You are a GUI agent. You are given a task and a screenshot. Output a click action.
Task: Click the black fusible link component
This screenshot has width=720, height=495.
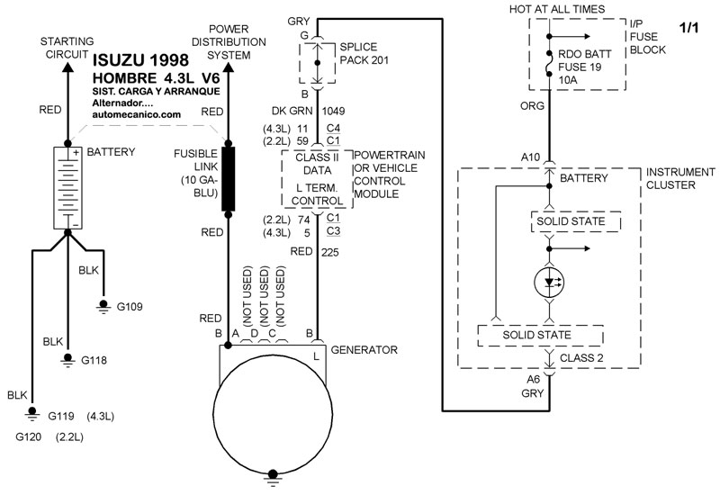point(229,179)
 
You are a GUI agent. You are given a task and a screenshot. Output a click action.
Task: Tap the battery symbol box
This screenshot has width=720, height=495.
point(68,188)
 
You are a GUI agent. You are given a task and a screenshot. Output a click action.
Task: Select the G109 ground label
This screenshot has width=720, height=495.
point(130,307)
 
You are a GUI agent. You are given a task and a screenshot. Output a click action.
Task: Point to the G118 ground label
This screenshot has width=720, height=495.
point(94,361)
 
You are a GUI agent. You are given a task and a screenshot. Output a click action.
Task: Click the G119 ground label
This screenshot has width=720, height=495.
point(61,417)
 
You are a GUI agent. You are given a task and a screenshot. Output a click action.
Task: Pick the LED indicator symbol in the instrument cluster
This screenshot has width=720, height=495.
point(549,283)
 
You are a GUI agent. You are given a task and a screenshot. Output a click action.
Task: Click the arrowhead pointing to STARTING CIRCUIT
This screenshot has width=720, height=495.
point(68,67)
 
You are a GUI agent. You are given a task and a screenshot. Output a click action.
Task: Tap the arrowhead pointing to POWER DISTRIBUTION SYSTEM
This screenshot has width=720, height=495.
point(229,67)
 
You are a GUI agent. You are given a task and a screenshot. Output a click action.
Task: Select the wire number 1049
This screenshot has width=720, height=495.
point(333,111)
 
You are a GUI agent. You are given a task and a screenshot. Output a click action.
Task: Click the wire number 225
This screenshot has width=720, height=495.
point(330,252)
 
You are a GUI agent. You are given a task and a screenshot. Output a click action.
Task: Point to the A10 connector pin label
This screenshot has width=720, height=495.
point(530,157)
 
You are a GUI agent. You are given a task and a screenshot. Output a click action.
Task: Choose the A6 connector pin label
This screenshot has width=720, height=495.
point(533,380)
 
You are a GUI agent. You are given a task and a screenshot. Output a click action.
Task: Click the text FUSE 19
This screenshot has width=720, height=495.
point(580,67)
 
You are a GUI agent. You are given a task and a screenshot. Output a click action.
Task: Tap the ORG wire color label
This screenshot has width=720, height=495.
point(532,106)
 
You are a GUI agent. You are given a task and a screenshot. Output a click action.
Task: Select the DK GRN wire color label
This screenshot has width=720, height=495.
point(292,111)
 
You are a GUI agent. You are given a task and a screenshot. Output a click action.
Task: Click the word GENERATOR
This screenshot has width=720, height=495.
point(364,350)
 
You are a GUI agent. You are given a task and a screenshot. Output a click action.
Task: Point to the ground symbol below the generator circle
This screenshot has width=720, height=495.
point(273,478)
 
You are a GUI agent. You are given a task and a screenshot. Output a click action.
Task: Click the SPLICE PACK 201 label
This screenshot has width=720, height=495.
point(364,53)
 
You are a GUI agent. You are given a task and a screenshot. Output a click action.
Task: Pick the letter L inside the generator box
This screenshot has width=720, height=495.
point(317,356)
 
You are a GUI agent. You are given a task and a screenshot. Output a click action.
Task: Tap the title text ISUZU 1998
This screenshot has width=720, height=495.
point(140,60)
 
